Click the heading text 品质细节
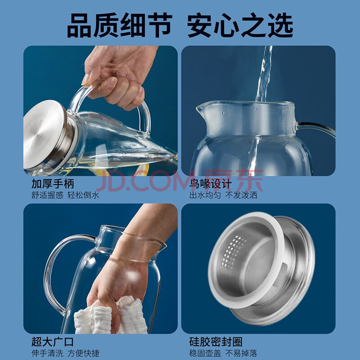click(x=120, y=25)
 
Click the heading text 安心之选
click(x=240, y=25)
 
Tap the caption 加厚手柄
click(x=53, y=184)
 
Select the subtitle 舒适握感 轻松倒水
click(x=65, y=195)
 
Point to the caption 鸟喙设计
click(x=211, y=184)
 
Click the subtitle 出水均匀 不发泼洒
click(x=223, y=195)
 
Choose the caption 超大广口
click(x=53, y=342)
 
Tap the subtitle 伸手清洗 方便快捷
click(x=65, y=353)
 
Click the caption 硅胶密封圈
click(x=216, y=342)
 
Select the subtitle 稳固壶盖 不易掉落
click(x=223, y=353)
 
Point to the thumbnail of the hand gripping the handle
click(x=100, y=111)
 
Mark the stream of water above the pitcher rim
click(x=264, y=73)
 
